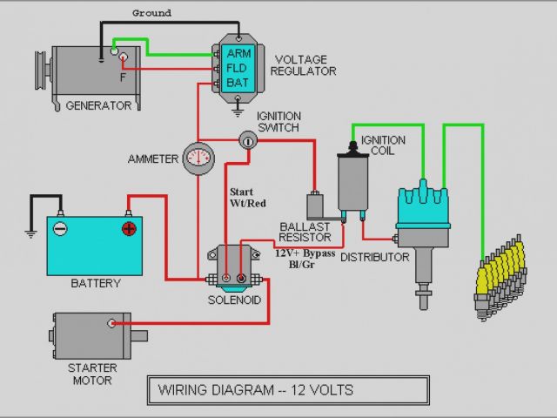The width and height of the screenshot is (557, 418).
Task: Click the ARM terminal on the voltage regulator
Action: (x=238, y=52)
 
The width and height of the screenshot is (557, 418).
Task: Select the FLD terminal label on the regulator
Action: (x=238, y=67)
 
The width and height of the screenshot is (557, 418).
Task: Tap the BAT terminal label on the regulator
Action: (x=238, y=82)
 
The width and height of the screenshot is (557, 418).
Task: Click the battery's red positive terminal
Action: (x=128, y=228)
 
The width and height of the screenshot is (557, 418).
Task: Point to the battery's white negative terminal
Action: (x=60, y=228)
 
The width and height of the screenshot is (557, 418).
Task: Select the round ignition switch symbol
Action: (x=248, y=139)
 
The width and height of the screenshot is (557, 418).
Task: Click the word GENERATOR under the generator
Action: (x=98, y=106)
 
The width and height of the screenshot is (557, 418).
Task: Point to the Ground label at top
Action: (x=151, y=13)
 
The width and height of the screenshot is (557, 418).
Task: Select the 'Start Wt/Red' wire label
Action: (x=246, y=197)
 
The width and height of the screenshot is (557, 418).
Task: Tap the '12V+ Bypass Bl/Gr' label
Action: (x=305, y=259)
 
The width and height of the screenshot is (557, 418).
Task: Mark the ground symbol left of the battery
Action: (x=30, y=233)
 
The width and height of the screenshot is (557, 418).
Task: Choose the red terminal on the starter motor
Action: (x=112, y=323)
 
